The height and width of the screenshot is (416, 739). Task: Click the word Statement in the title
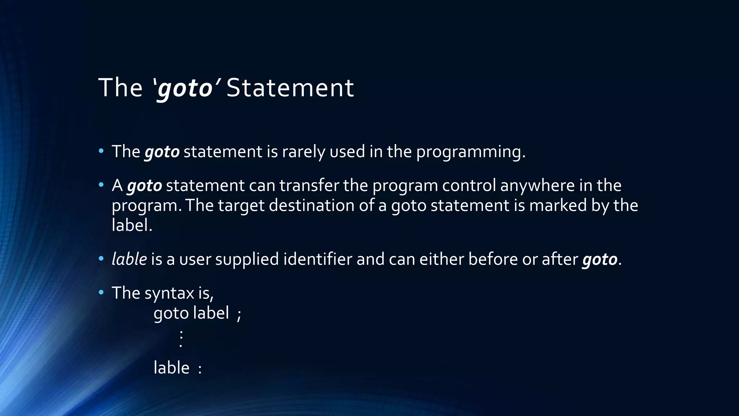pyautogui.click(x=290, y=88)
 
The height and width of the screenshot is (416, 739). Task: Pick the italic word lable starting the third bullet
pyautogui.click(x=129, y=259)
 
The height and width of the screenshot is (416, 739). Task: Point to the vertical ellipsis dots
pyautogui.click(x=181, y=338)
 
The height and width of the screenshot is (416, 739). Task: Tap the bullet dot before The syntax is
pyautogui.click(x=101, y=292)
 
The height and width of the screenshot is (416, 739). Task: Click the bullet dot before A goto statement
pyautogui.click(x=101, y=185)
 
